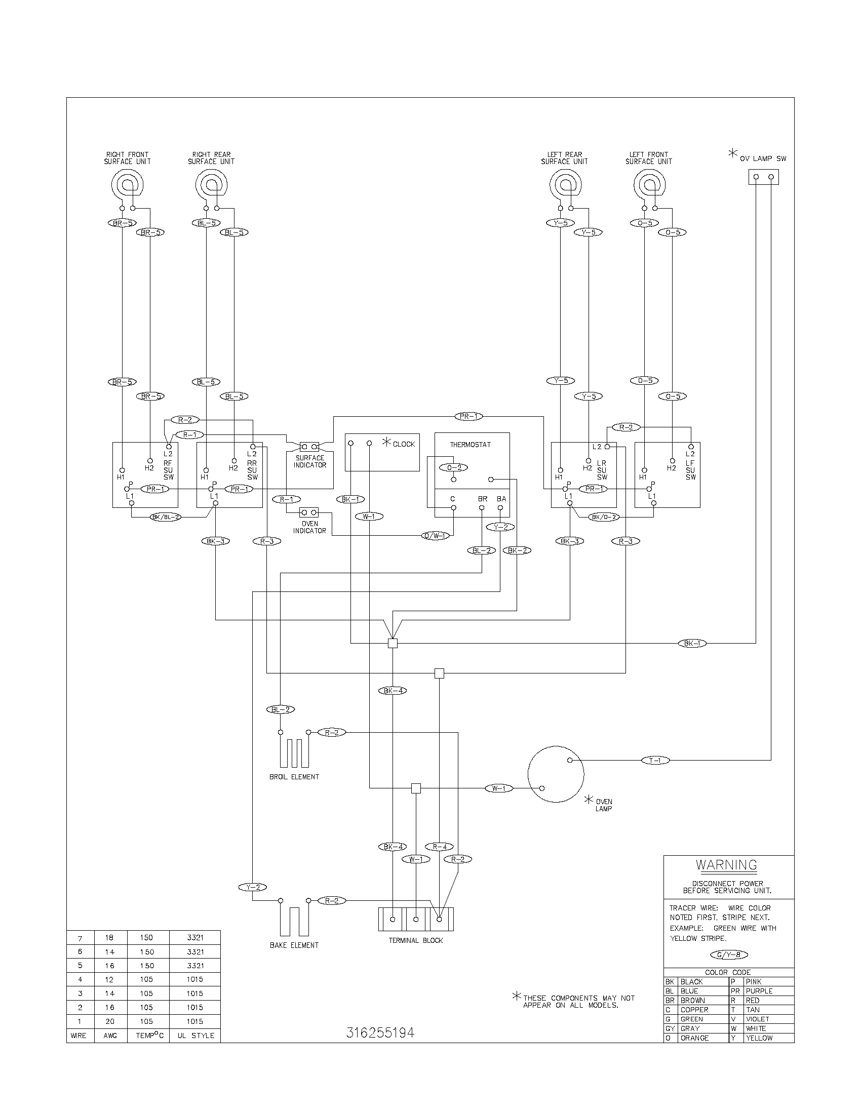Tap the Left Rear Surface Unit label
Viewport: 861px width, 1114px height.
pyautogui.click(x=564, y=158)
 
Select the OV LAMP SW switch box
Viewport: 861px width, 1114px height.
pyautogui.click(x=764, y=177)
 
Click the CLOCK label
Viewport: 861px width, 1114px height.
pyautogui.click(x=404, y=444)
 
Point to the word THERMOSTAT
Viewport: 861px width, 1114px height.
pyautogui.click(x=470, y=445)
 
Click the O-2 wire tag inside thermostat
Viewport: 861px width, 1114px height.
pyautogui.click(x=454, y=467)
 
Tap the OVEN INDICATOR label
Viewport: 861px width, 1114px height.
pyautogui.click(x=309, y=528)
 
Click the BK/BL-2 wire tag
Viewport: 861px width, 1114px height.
pyautogui.click(x=166, y=516)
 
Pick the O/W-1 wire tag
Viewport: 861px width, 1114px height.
pyautogui.click(x=436, y=536)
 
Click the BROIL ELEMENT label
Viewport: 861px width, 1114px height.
pyautogui.click(x=294, y=777)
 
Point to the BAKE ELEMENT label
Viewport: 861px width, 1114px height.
pyautogui.click(x=294, y=945)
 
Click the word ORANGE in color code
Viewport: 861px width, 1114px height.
pyautogui.click(x=694, y=1038)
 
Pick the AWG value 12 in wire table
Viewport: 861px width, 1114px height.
pyautogui.click(x=110, y=979)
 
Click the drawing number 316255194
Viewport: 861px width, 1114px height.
pyautogui.click(x=380, y=1033)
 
